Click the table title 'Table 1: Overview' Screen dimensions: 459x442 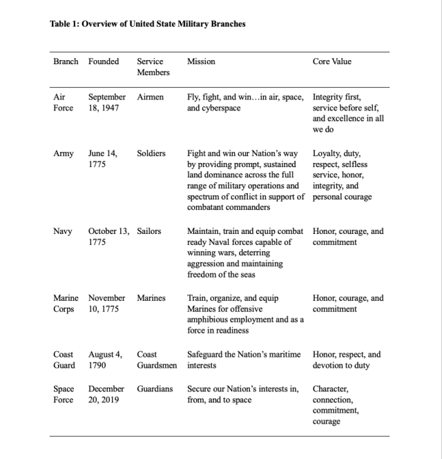tap(148, 24)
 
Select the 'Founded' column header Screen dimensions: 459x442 tap(104, 61)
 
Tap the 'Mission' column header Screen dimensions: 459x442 tap(201, 61)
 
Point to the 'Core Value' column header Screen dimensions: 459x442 tap(332, 61)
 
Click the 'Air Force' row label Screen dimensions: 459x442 tap(63, 103)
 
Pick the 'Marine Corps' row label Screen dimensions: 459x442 tap(66, 304)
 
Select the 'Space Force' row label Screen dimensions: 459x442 tap(63, 394)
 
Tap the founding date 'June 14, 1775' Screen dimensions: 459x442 tap(102, 159)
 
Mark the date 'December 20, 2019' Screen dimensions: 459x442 tap(106, 394)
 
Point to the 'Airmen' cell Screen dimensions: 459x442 tap(151, 97)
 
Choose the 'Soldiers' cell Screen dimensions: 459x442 tap(151, 153)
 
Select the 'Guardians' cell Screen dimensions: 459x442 tap(155, 389)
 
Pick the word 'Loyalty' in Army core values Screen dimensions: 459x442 tap(327, 153)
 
